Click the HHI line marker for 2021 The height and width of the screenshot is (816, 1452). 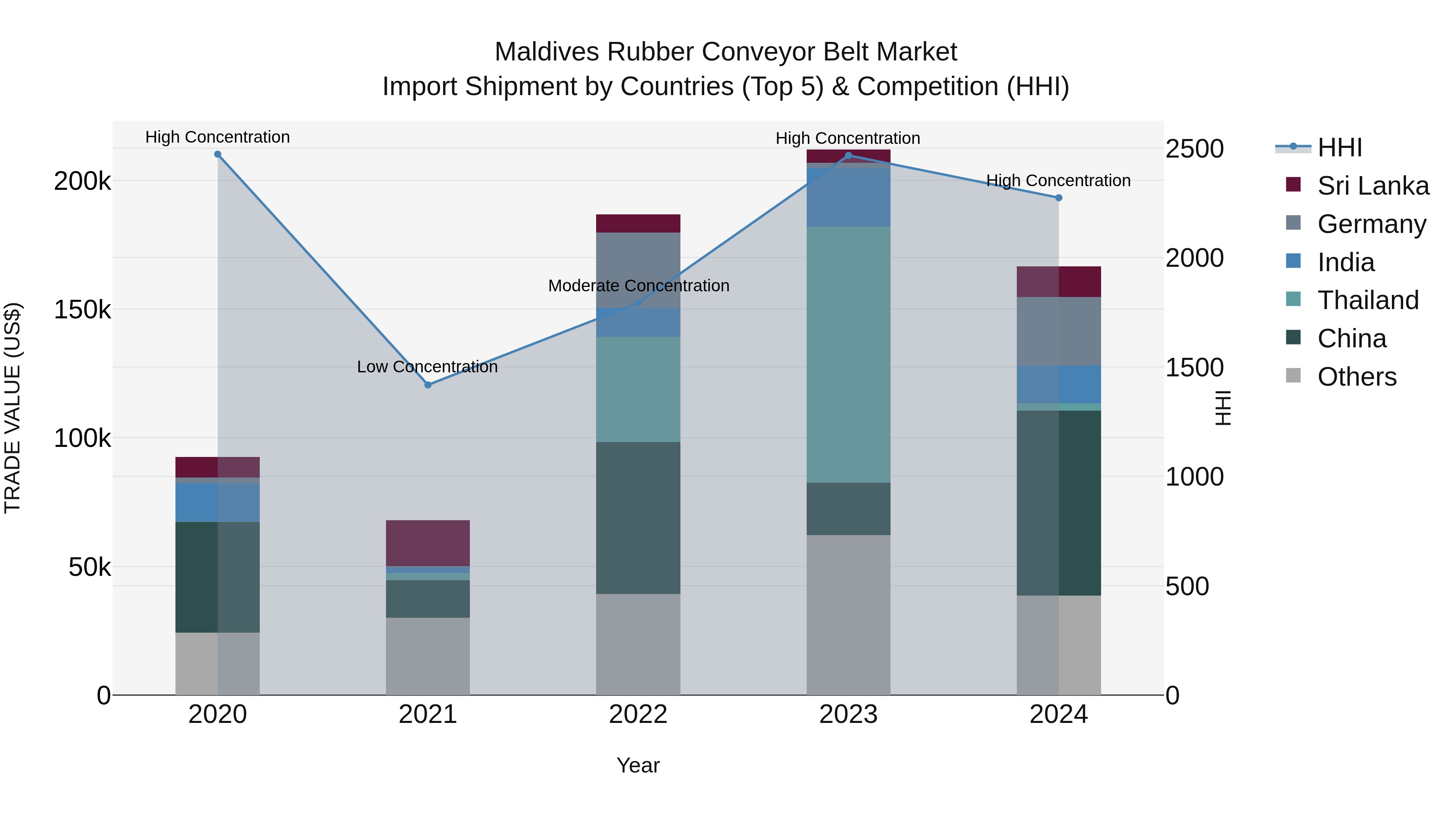pos(428,385)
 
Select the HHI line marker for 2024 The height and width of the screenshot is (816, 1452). pos(1059,198)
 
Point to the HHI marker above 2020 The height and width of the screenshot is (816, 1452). pos(217,154)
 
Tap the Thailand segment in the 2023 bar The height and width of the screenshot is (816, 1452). pos(848,355)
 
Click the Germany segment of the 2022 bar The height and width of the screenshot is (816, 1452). pos(638,270)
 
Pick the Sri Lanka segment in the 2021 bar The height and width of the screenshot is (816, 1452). pos(428,543)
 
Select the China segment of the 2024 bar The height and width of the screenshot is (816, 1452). pos(1059,503)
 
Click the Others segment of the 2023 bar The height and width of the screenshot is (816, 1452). pos(848,615)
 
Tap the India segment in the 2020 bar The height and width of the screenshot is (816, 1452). pos(217,502)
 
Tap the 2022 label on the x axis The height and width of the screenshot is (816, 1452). pos(638,714)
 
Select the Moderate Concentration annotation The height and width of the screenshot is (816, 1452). pos(638,286)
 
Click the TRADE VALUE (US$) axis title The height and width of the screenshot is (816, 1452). pos(13,408)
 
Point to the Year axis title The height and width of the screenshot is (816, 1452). pos(638,765)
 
